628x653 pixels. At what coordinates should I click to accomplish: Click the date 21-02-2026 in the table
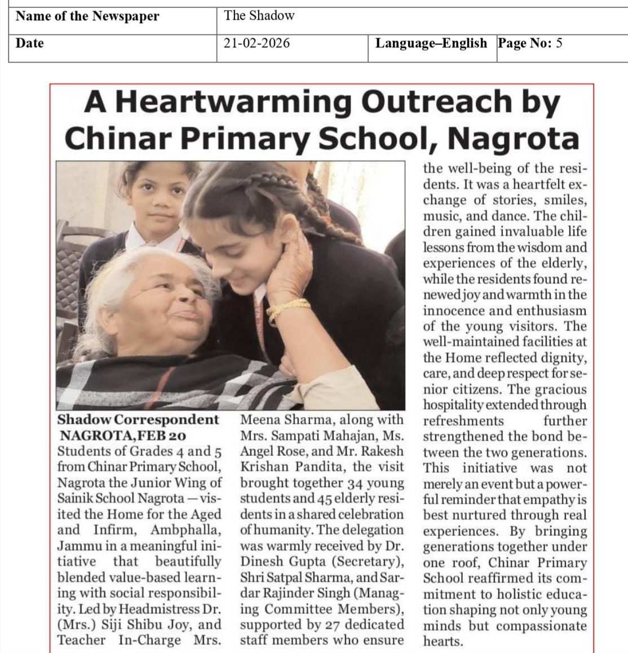256,43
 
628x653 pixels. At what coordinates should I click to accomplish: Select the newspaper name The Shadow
259,16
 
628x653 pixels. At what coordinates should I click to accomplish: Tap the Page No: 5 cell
529,43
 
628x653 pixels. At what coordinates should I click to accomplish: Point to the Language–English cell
431,43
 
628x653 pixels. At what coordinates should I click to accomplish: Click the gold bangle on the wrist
288,309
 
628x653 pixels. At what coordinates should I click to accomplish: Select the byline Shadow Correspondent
138,420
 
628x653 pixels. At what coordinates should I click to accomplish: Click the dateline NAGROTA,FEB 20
122,436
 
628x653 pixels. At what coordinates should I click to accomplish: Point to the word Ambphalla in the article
185,530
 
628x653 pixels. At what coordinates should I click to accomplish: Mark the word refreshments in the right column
463,421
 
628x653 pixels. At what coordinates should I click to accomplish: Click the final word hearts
443,641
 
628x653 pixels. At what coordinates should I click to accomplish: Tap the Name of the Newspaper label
87,16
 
